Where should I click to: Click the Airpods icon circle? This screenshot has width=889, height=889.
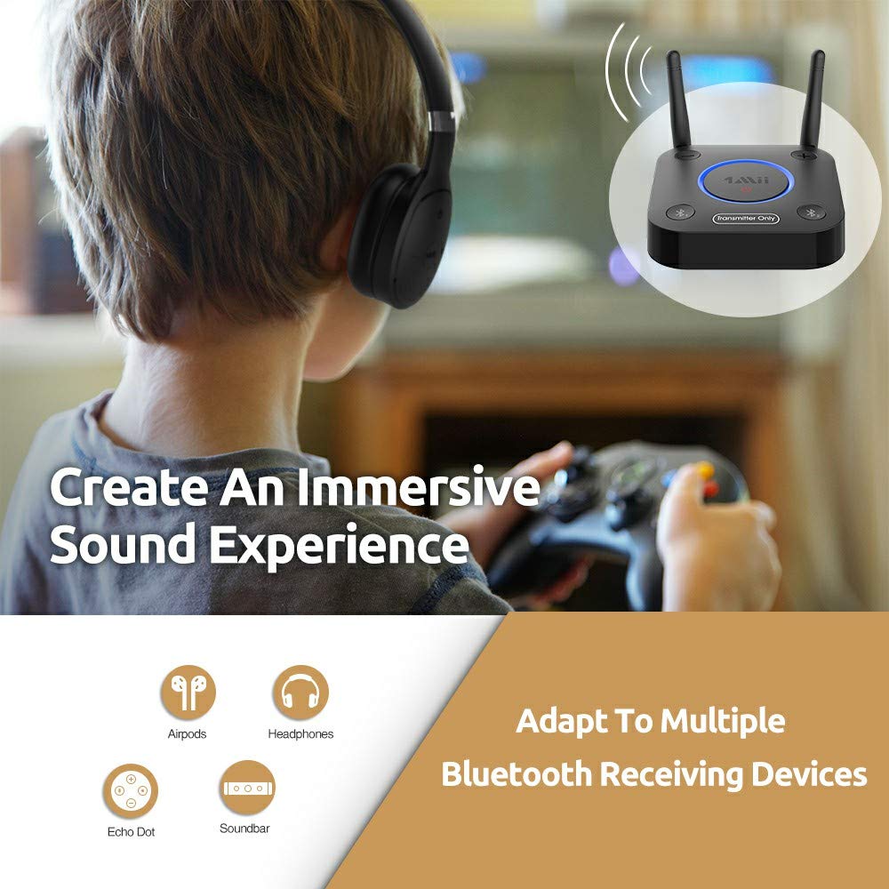(188, 693)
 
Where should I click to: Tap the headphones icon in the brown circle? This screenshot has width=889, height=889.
(300, 693)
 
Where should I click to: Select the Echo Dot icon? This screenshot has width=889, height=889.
(131, 791)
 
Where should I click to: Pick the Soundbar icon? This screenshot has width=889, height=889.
(247, 789)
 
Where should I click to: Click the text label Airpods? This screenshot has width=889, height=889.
(187, 734)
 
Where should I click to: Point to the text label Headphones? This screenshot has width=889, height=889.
(300, 734)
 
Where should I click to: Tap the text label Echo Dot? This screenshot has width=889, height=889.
(131, 832)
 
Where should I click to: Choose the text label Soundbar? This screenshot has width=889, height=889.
(244, 829)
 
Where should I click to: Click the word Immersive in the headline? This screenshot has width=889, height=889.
(418, 489)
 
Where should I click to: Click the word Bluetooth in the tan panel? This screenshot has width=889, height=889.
(516, 773)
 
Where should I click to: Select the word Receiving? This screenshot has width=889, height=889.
(671, 775)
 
